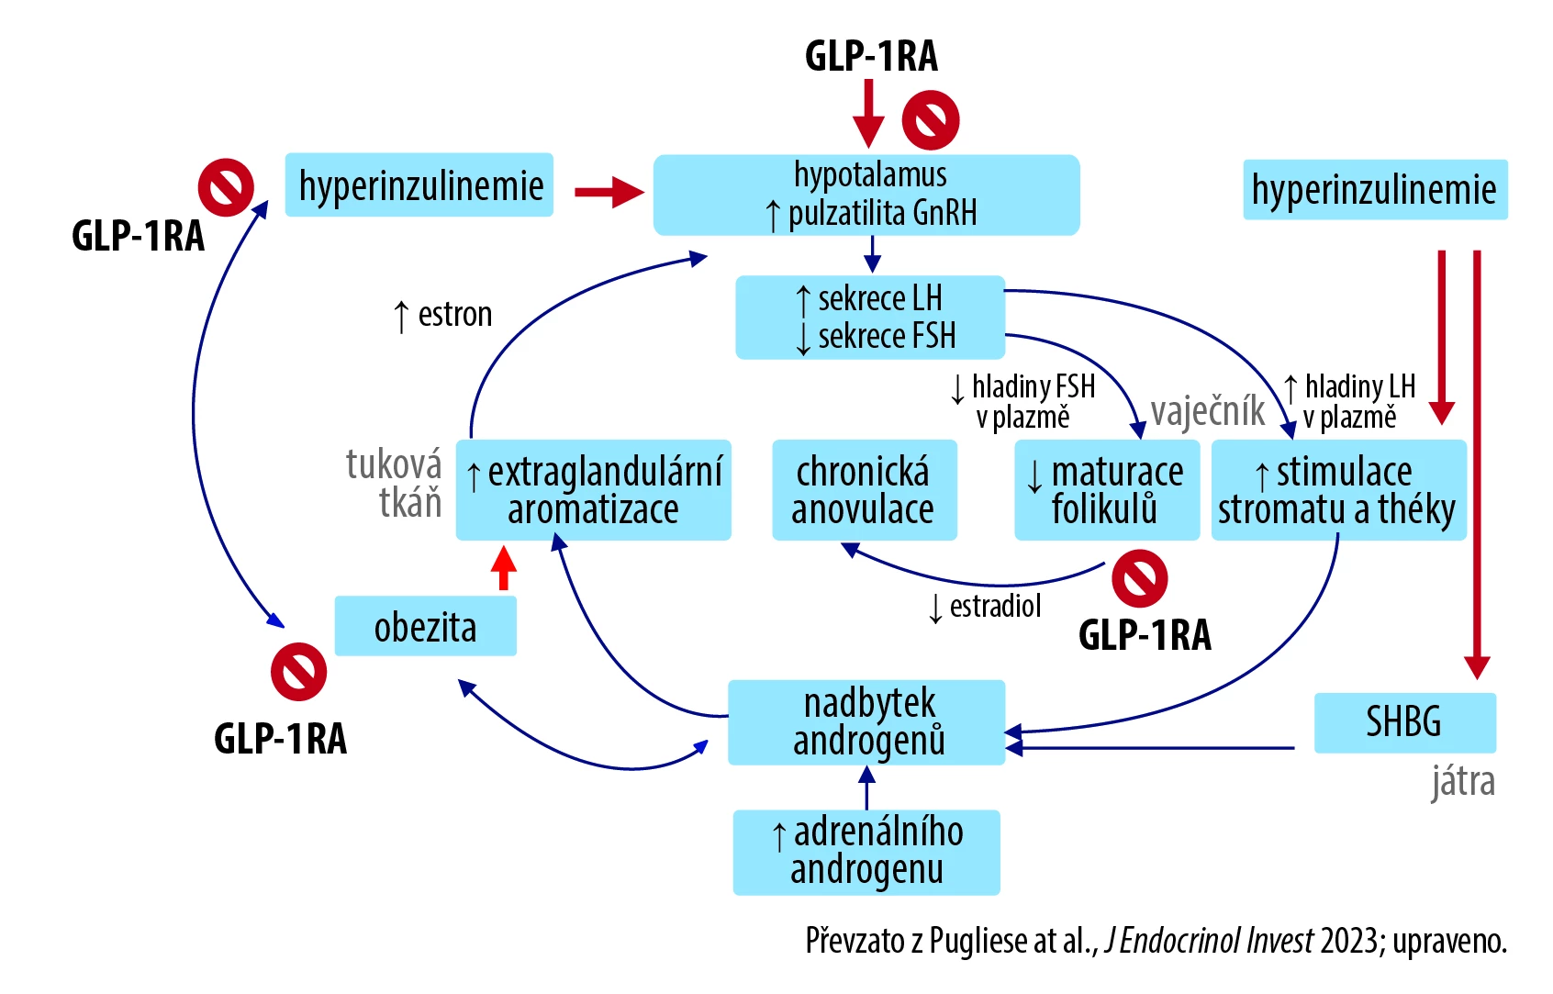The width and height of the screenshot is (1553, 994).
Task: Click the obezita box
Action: coord(425,627)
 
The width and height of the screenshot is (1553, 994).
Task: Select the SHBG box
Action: coord(1404,722)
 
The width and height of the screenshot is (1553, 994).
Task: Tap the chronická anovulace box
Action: coord(864,490)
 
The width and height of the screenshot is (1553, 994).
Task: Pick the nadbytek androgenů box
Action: coord(866,722)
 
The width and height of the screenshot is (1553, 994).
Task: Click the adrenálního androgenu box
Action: coord(866,852)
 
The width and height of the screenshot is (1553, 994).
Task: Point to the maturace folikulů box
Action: coord(1106,490)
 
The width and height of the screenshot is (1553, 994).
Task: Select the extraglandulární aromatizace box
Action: coord(594,490)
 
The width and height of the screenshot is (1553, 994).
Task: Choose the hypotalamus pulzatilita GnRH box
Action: coord(866,195)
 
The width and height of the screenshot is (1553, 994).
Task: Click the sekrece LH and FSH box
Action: coord(870,317)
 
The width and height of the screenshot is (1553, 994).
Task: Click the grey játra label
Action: coord(1463,782)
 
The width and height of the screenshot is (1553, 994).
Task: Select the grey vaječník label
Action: coord(1208,411)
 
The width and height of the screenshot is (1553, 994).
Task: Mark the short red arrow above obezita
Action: coord(503,568)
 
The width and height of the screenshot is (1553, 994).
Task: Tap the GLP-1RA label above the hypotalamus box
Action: coord(871,56)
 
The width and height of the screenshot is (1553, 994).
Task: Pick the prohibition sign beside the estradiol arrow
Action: coord(1139,579)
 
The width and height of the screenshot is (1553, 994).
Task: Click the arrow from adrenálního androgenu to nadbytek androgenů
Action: coord(866,787)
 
